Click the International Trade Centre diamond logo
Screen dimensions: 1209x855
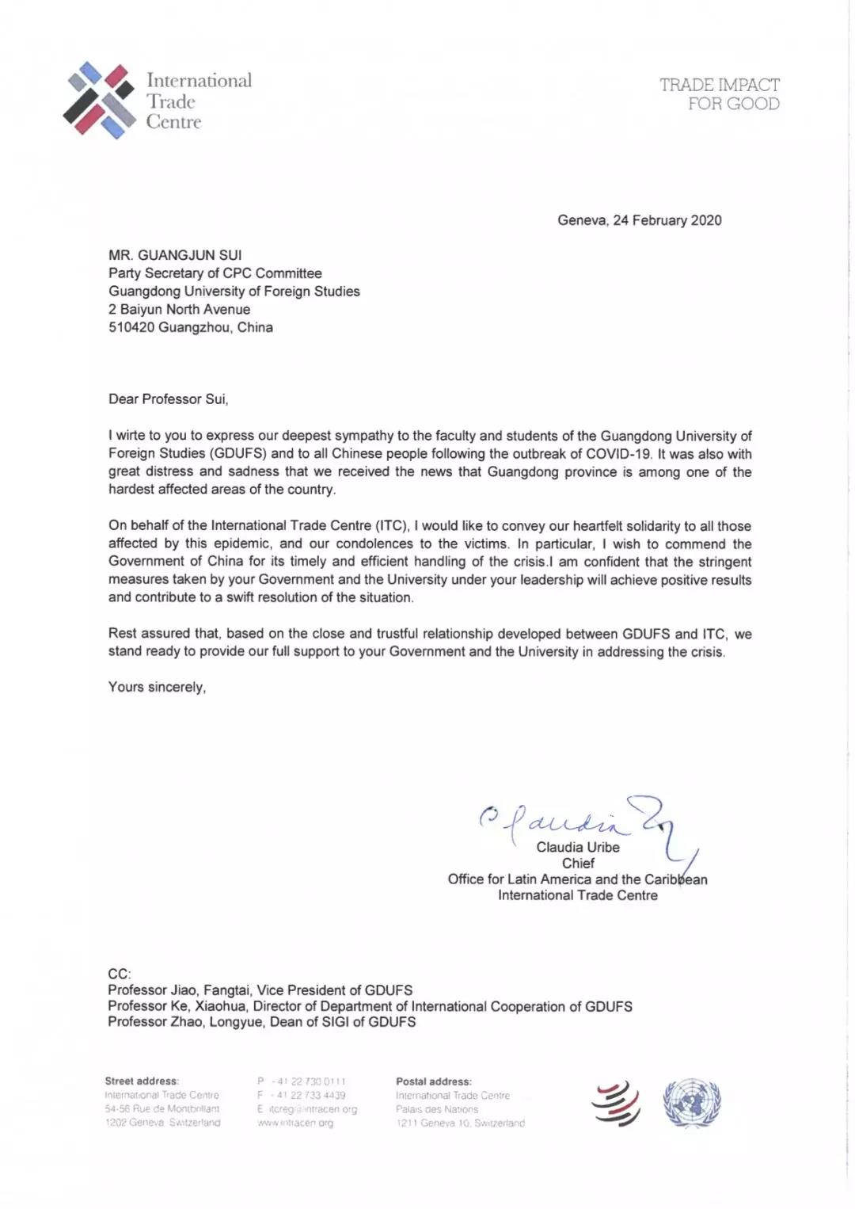click(x=99, y=101)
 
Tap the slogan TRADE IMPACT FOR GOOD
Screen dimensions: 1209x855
click(x=719, y=94)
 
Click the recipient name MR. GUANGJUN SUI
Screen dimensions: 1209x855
click(x=175, y=255)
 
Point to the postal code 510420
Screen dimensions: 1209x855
click(x=131, y=327)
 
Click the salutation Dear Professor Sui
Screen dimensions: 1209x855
click(x=168, y=399)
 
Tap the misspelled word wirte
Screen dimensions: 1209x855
click(x=132, y=436)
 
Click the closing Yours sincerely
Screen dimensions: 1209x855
click(x=157, y=687)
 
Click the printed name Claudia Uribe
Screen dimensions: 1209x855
click(x=578, y=847)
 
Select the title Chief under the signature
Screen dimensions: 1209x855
click(x=578, y=863)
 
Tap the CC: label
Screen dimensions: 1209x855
click(x=120, y=974)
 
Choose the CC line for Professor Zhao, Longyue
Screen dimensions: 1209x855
click(x=261, y=1022)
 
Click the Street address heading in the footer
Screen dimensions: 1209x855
click(x=142, y=1081)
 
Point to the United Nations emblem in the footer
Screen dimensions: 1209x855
click(x=692, y=1103)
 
